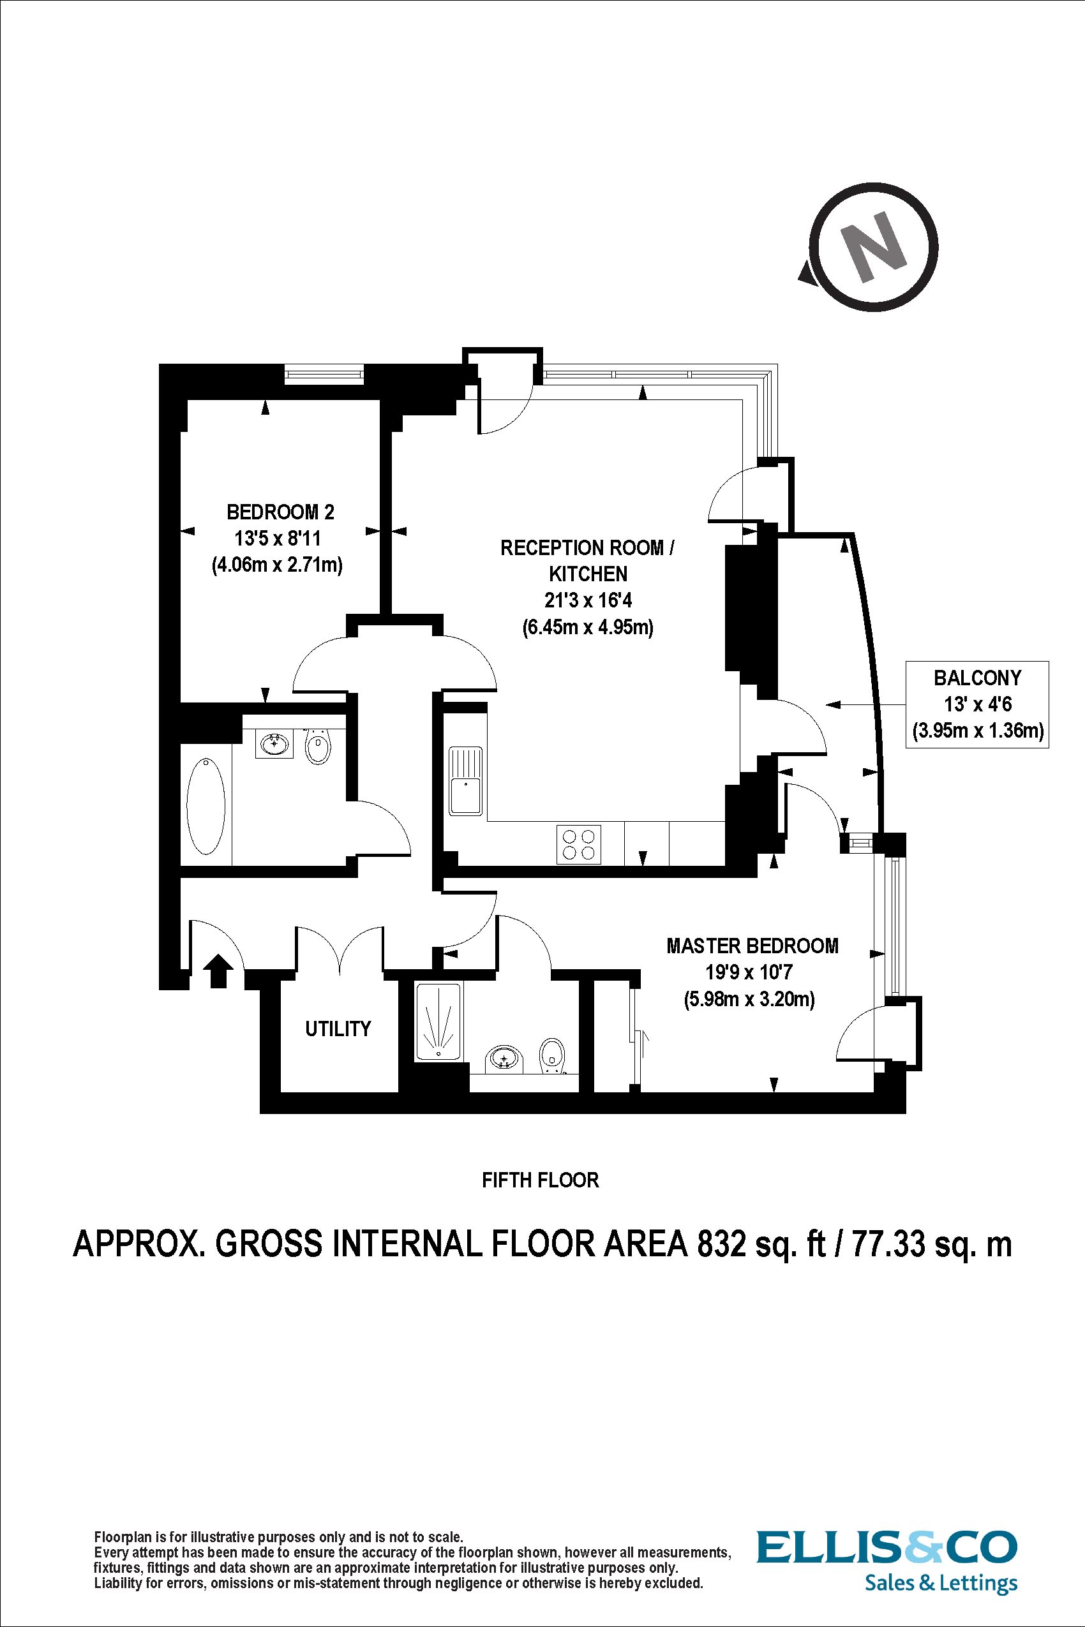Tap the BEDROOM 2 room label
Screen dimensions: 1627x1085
280,512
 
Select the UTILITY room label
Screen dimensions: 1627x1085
338,1029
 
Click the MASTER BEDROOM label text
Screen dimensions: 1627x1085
752,946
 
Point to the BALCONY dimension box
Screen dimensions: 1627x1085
977,704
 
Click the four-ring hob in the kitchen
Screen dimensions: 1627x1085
578,844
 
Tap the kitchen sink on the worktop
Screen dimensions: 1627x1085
465,780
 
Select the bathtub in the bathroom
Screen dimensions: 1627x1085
206,806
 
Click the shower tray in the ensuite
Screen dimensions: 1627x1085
438,1022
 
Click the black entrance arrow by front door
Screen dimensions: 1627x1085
220,970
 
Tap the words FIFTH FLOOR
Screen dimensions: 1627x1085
540,1180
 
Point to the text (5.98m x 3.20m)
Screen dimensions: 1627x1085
749,999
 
